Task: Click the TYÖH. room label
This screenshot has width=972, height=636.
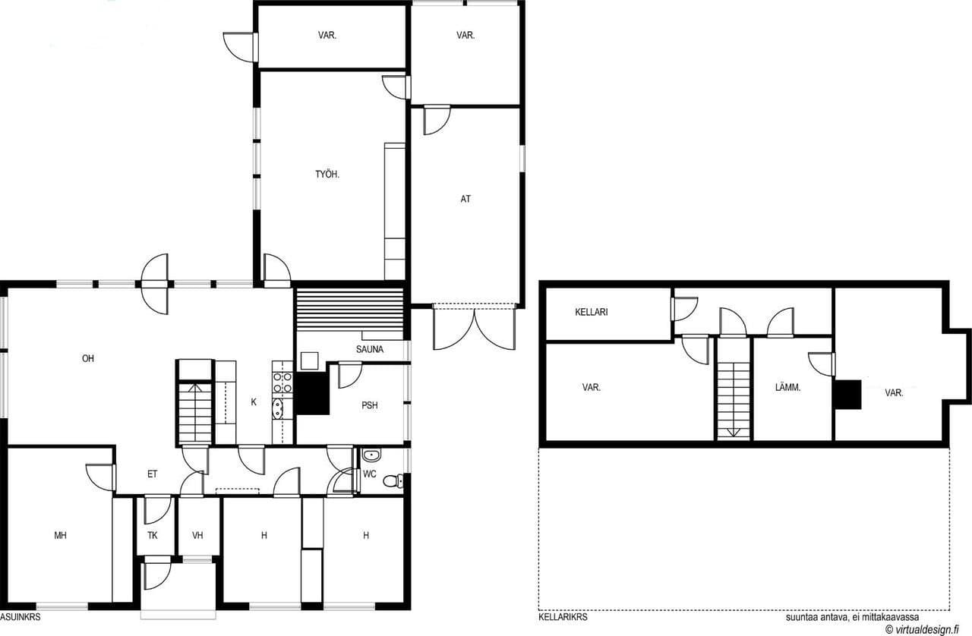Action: pos(327,175)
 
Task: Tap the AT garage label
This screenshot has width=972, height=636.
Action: pos(465,199)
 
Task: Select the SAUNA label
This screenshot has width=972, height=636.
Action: pos(370,349)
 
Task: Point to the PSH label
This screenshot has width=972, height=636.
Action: pos(370,405)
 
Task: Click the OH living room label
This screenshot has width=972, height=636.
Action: pos(88,358)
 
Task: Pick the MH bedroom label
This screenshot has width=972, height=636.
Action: pos(60,535)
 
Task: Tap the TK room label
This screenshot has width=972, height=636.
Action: pos(153,535)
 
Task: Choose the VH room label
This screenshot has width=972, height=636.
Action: pos(197,535)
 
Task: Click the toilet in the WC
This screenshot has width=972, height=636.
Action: pos(393,480)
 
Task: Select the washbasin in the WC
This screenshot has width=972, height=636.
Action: pos(371,455)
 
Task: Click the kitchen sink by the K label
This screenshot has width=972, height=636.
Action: pos(277,408)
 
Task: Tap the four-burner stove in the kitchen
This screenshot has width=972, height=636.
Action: pos(282,383)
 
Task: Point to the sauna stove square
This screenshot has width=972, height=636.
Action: pos(309,361)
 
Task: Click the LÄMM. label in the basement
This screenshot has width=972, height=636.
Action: pos(787,387)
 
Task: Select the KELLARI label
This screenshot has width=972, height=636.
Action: pos(592,312)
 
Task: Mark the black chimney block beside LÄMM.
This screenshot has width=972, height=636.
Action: pos(847,395)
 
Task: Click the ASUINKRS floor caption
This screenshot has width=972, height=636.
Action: pos(21,617)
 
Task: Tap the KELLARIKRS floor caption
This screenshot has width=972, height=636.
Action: pos(563,617)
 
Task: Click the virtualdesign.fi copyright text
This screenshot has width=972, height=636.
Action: pos(922,629)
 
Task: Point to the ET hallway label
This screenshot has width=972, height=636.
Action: pos(153,474)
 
